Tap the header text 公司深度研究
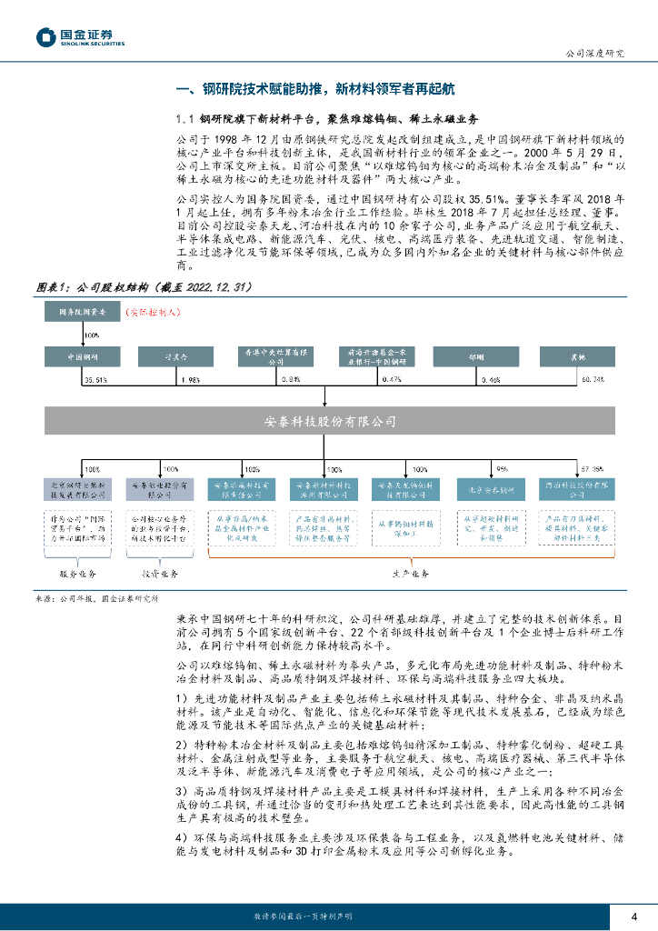[x=594, y=54]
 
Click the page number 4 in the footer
[x=633, y=916]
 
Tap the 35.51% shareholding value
[x=95, y=377]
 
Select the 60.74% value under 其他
[x=592, y=377]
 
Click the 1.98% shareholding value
[x=188, y=377]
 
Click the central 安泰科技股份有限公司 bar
[x=329, y=421]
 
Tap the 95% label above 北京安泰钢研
[x=500, y=469]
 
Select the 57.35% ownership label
[x=591, y=469]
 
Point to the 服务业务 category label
[x=78, y=575]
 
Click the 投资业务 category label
[x=159, y=575]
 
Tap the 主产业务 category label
[x=410, y=575]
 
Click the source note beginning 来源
[x=96, y=599]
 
